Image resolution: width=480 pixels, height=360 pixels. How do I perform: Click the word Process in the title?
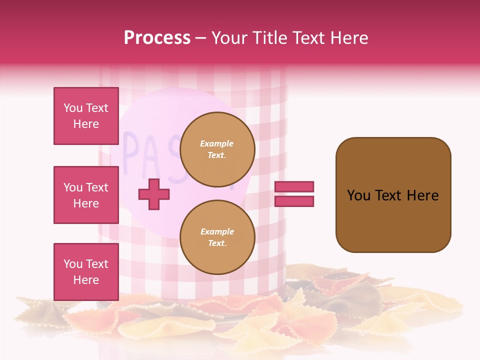coord(157,38)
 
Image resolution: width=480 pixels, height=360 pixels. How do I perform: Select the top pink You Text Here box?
coord(86,116)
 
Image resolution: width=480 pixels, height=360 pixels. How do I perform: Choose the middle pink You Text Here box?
coord(86,195)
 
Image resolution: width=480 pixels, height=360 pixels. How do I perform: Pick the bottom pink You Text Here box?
coord(86,271)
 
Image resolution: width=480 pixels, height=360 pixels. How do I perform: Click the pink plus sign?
coord(153,194)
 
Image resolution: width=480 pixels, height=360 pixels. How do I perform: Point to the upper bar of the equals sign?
coord(294,186)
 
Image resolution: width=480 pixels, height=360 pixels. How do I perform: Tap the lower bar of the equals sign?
coord(294,201)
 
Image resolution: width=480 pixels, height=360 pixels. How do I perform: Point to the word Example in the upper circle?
coord(217,143)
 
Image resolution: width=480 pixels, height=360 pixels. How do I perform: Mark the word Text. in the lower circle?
coord(217,243)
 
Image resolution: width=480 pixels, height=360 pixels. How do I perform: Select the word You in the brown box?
coord(359,195)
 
